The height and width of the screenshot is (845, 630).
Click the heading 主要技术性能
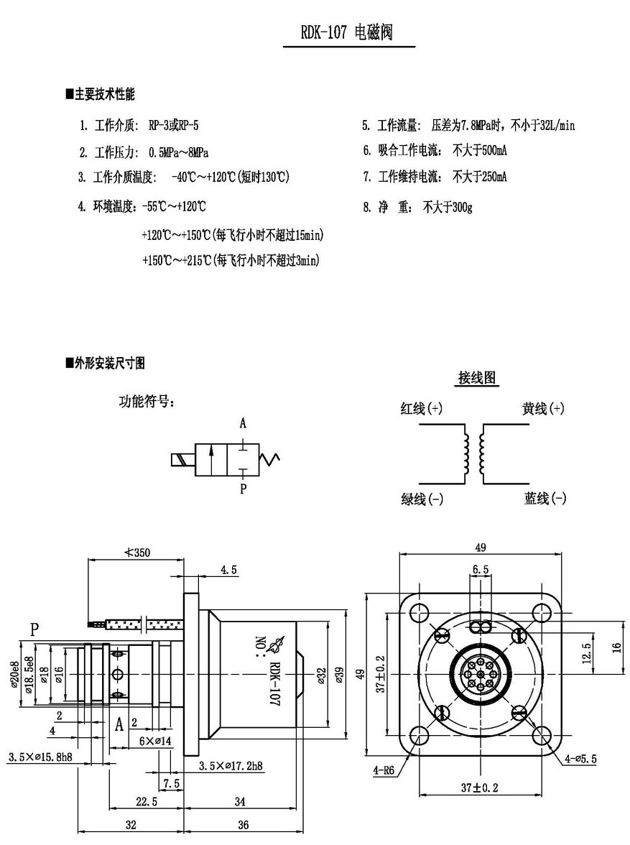point(104,94)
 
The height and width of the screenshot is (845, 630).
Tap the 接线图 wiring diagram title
point(478,378)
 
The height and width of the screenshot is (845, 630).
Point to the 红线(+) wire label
point(421,409)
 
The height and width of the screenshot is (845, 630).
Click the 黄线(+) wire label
point(542,409)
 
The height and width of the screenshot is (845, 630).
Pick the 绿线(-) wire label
point(422,499)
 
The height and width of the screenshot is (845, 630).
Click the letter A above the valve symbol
point(243,423)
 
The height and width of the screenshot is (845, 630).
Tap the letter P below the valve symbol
point(243,489)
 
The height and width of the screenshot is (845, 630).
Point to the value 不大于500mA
point(480,150)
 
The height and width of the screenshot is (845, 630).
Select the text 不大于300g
point(448,208)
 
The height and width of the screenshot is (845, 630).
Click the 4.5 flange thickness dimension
point(228,569)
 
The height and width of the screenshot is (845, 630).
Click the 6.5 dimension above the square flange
point(481,569)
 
